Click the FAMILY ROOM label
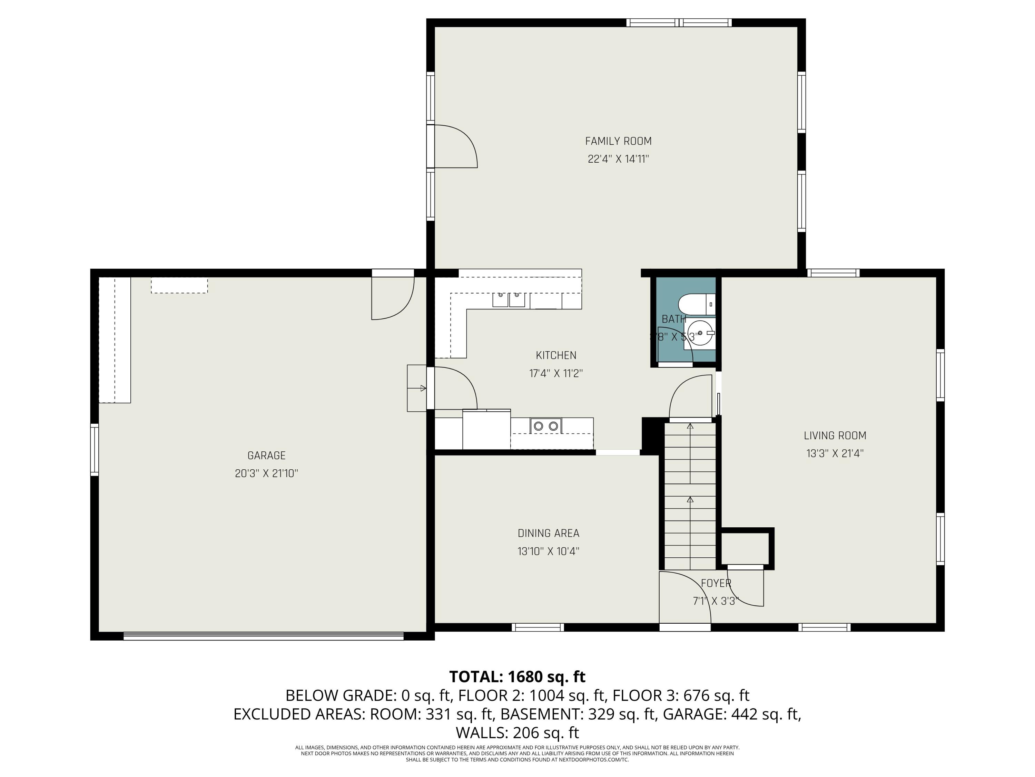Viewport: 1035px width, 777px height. [x=618, y=141]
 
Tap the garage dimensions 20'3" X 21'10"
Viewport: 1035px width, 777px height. [x=266, y=473]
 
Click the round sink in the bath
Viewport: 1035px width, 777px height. [x=700, y=333]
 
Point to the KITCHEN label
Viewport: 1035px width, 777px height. [x=556, y=355]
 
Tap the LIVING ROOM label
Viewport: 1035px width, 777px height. [x=835, y=435]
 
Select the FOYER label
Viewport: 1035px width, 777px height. [x=716, y=583]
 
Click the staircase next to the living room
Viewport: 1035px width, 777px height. [x=690, y=497]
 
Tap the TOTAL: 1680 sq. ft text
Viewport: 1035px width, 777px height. [x=517, y=677]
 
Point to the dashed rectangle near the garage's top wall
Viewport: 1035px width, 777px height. [x=179, y=285]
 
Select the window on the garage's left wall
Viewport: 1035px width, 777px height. [x=95, y=450]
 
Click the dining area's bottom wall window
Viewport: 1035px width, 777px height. [x=537, y=627]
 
